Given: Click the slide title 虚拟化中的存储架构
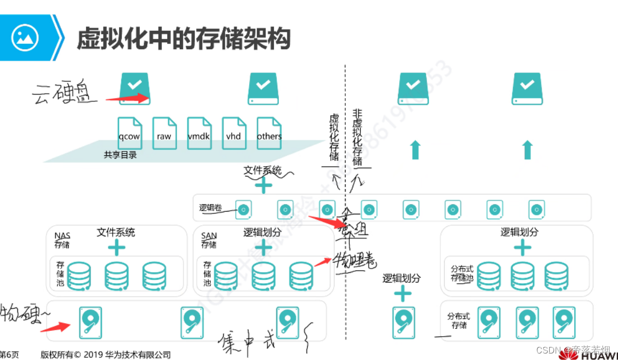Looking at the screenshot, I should (184, 39).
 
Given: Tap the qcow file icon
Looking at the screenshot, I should (129, 131).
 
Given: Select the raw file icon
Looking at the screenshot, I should (164, 131).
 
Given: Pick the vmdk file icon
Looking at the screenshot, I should (198, 131).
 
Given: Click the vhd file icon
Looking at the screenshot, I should (233, 131).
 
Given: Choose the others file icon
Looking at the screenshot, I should (269, 131).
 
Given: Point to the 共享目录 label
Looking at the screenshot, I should (120, 155).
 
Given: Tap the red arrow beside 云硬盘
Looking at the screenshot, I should (127, 99).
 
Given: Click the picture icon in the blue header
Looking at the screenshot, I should (25, 37).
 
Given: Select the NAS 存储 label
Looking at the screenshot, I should (62, 240).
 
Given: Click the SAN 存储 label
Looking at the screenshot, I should (209, 240).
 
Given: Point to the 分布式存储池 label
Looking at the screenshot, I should (462, 273).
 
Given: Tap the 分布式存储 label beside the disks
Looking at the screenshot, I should (459, 321).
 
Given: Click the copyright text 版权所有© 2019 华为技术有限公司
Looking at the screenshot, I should (106, 355).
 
